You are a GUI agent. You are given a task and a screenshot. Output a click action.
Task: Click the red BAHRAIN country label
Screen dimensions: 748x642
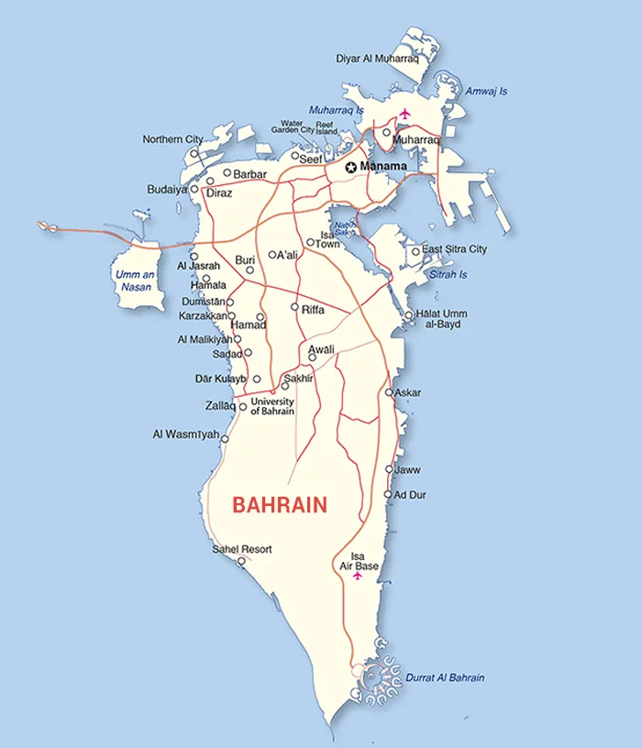[280, 505]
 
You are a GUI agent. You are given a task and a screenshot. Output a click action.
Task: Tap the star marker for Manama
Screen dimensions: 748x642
[350, 168]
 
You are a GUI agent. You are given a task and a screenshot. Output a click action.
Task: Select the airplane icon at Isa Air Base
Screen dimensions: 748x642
[358, 577]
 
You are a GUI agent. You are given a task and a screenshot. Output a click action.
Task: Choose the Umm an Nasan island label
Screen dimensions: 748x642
[134, 280]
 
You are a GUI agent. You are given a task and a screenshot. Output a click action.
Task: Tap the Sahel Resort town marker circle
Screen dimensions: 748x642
[241, 561]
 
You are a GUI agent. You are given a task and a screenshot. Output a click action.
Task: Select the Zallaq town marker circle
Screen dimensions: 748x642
[243, 407]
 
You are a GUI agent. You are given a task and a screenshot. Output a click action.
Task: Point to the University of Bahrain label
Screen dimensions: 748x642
[272, 406]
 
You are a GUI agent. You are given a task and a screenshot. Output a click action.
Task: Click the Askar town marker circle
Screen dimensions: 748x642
[389, 392]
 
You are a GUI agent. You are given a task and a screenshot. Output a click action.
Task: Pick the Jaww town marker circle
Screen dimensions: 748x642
[389, 469]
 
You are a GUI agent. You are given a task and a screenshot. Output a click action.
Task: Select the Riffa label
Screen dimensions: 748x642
[313, 310]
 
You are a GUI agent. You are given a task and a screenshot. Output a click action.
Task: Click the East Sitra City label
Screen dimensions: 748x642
[454, 249]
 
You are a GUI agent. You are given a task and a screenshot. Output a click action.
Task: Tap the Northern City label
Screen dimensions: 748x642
[172, 139]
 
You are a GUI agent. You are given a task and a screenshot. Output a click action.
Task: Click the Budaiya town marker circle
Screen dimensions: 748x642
[194, 189]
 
